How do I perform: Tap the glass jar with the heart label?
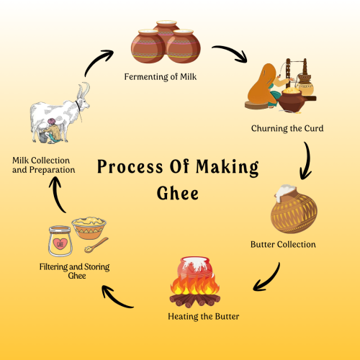click(60, 243)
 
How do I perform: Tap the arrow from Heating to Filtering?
click(117, 297)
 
